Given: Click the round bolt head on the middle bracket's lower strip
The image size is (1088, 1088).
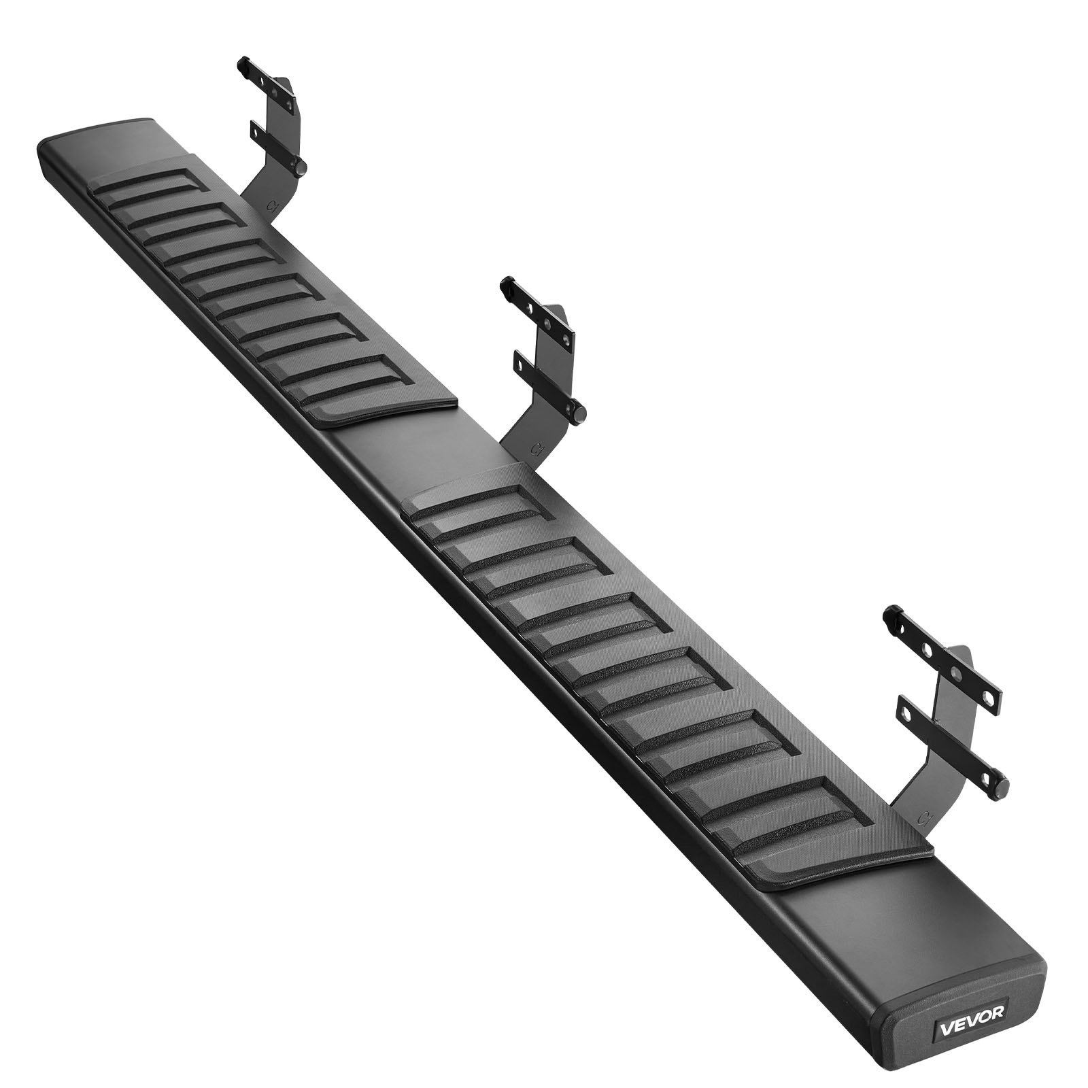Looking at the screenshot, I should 580,411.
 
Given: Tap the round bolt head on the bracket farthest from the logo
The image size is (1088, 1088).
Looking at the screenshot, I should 300,167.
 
